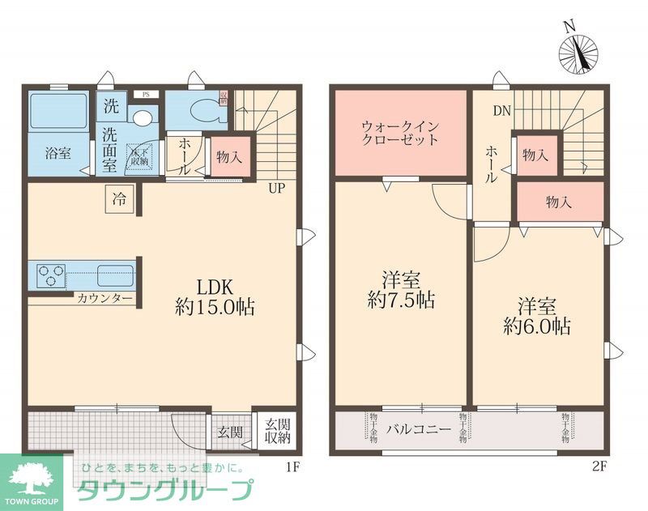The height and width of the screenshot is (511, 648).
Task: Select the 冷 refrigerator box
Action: (x=119, y=198)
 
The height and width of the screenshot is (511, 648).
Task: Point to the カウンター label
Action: (x=105, y=299)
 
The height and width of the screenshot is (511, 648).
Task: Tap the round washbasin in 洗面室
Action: (x=142, y=117)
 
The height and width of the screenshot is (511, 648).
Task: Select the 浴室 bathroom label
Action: (x=58, y=151)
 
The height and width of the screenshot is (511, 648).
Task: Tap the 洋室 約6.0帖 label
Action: (x=537, y=317)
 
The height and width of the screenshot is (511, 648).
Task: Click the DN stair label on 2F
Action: (x=501, y=110)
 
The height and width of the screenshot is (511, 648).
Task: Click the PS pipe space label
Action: (x=146, y=93)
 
